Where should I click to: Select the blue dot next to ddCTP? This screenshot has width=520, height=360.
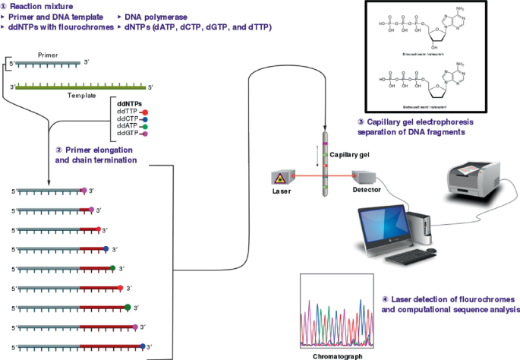(144, 119)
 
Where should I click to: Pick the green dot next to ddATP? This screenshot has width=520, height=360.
(144, 127)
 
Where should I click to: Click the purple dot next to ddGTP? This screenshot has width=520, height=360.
(144, 134)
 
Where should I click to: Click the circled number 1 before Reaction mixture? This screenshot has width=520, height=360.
(5, 6)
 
